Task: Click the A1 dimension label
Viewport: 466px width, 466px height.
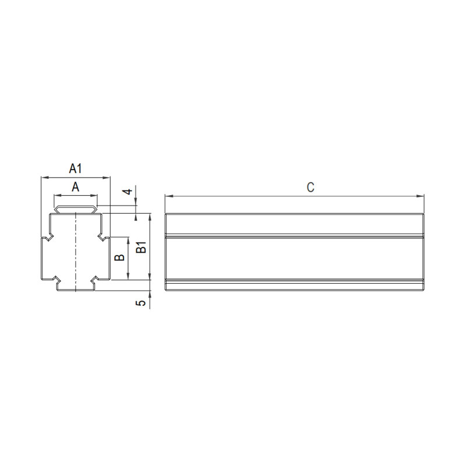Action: (x=76, y=168)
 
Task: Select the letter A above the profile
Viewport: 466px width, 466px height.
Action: (x=76, y=187)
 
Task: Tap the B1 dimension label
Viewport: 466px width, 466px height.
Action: (x=142, y=247)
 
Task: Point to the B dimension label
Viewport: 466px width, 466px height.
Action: (x=119, y=257)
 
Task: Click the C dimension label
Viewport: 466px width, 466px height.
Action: (x=310, y=188)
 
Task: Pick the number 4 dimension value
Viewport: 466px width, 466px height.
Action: (x=128, y=192)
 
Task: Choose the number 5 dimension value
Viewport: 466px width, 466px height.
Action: (x=142, y=303)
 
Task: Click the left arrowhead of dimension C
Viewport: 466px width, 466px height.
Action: (x=169, y=196)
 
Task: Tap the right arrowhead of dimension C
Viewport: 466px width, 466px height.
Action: (x=420, y=196)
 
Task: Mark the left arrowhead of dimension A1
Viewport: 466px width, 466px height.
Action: (x=45, y=178)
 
